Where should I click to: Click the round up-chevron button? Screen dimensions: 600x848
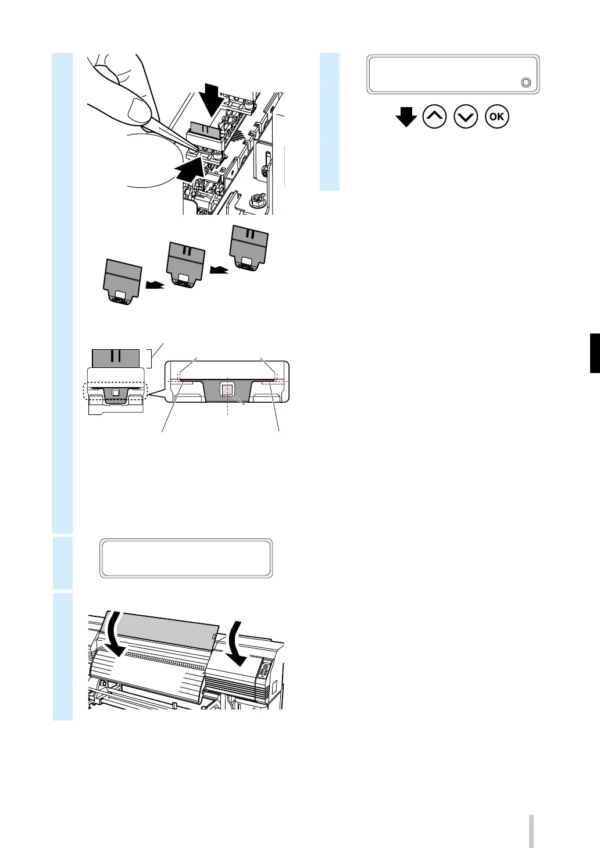tap(435, 116)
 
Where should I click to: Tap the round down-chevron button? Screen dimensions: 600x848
tap(467, 116)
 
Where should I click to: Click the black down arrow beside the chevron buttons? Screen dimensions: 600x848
tap(406, 118)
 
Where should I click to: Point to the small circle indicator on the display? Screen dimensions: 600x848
tap(526, 83)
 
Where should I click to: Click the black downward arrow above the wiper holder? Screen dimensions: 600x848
tap(210, 99)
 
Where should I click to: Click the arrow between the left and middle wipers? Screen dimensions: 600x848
tap(155, 286)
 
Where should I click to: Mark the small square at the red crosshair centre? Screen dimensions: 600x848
tap(228, 389)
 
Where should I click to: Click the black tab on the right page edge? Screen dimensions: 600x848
tap(595, 353)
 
